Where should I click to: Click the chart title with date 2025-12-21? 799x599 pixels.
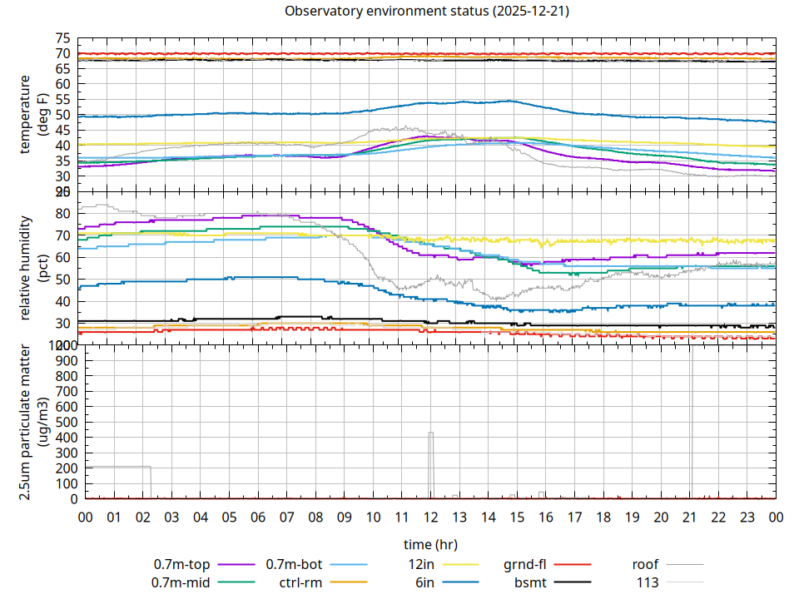pos(427,12)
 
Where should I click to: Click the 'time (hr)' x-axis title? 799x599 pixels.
pos(429,545)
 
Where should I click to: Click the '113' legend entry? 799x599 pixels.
pos(648,582)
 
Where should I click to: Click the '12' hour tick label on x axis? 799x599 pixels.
pos(430,517)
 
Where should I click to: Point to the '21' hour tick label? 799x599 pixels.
pos(689,517)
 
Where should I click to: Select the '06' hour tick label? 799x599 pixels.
pos(258,517)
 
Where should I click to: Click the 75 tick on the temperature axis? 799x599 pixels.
pos(63,38)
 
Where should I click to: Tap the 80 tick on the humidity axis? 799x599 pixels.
pos(63,213)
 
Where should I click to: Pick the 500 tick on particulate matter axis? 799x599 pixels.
pos(60,422)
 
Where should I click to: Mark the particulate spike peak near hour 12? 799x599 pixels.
pos(431,433)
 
